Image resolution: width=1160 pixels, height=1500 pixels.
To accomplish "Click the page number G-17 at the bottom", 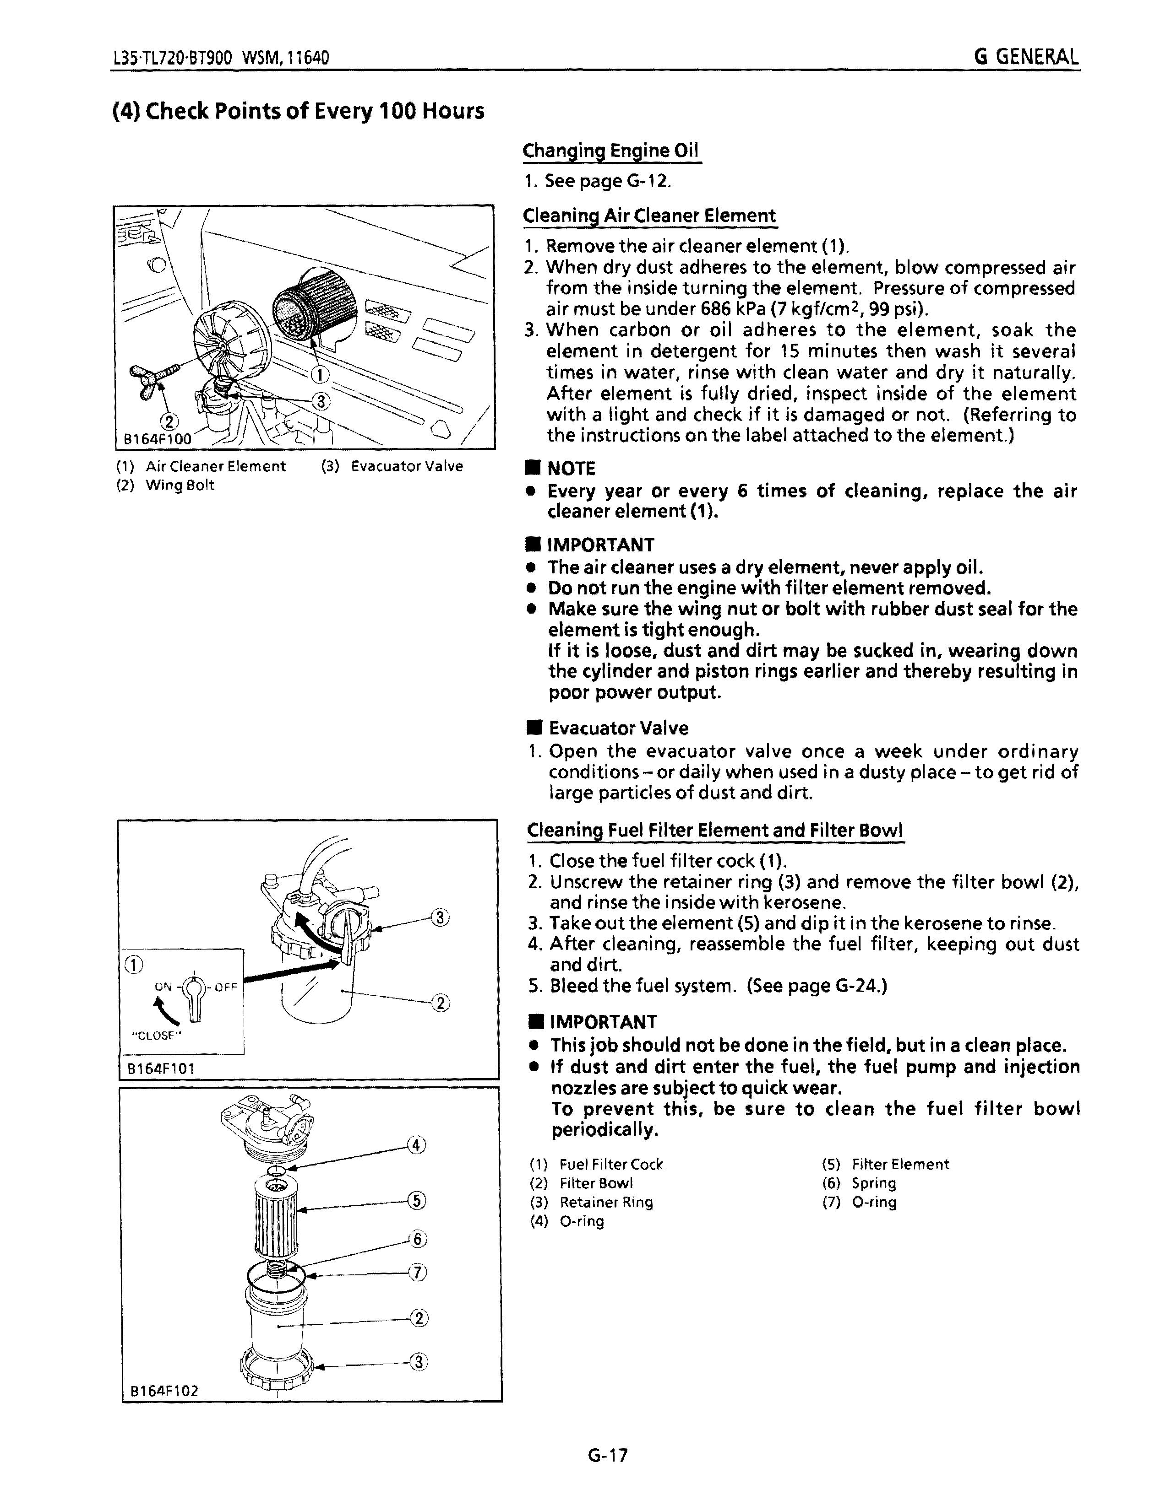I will coord(608,1455).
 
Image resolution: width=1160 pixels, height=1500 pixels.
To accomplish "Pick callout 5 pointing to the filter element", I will coord(416,1201).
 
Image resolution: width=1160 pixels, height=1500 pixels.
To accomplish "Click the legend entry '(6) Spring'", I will coord(859,1183).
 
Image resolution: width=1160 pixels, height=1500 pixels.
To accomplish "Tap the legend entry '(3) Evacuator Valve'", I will coord(392,466).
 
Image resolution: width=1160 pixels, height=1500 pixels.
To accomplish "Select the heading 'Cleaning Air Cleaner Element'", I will coord(649,216).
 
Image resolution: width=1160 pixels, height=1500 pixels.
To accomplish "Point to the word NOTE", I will coord(570,469).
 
